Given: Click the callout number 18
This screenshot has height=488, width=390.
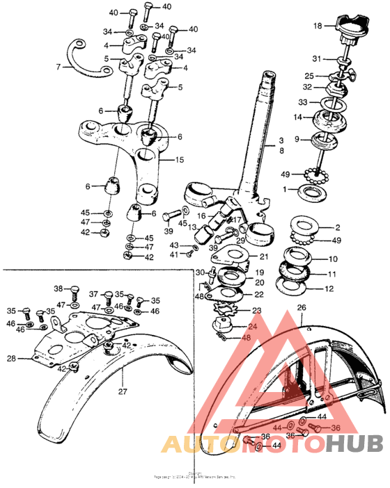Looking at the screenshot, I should [318, 26].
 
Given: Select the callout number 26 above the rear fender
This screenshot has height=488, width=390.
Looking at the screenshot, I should [302, 307].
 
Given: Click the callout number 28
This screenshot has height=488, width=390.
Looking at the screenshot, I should [11, 359].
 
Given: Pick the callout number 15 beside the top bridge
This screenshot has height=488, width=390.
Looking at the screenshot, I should [179, 160].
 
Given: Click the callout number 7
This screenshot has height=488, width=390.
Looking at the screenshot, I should [58, 67].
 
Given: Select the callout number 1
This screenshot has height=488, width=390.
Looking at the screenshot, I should [284, 189].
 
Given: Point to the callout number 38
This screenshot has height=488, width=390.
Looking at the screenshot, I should [58, 288].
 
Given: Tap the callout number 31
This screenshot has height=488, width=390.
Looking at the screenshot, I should [317, 58].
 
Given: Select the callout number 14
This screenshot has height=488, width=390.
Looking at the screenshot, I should [298, 117].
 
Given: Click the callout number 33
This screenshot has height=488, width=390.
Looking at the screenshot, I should [303, 102].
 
